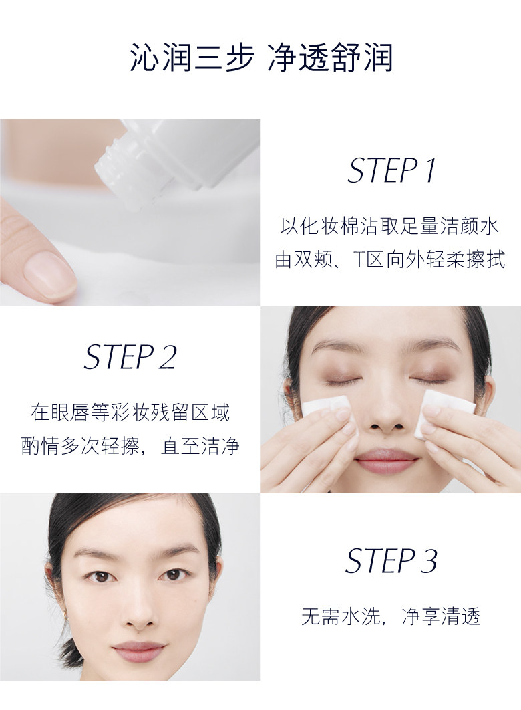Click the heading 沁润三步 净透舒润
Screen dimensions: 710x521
pyautogui.click(x=260, y=58)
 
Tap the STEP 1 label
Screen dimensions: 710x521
pyautogui.click(x=391, y=171)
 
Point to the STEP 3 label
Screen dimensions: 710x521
pyautogui.click(x=391, y=561)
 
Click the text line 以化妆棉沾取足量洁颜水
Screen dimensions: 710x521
pyautogui.click(x=390, y=226)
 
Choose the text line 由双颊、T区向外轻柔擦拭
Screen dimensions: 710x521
pyautogui.click(x=390, y=259)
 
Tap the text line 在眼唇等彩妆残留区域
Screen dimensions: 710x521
pyautogui.click(x=130, y=412)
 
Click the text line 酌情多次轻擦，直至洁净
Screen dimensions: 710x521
pyautogui.click(x=130, y=447)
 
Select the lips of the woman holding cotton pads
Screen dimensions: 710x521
pyautogui.click(x=386, y=461)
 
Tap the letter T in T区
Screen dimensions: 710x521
pyautogui.click(x=358, y=259)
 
